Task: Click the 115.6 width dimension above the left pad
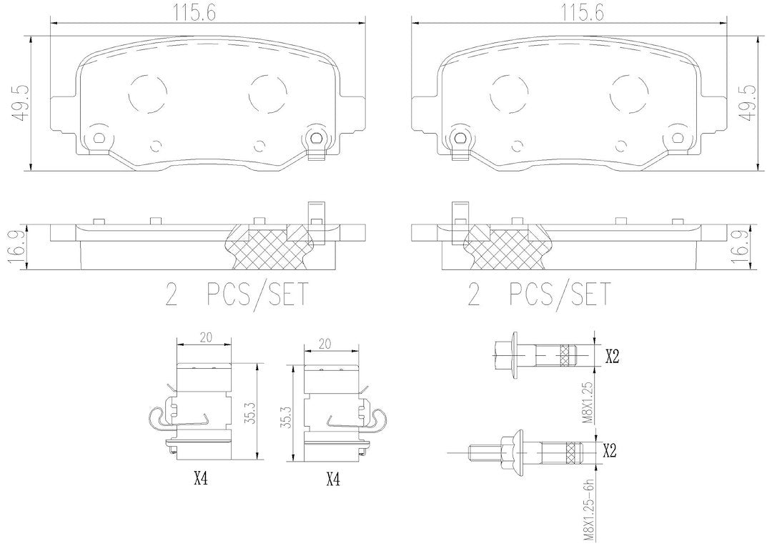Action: pyautogui.click(x=194, y=12)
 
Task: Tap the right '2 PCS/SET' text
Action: pyautogui.click(x=539, y=294)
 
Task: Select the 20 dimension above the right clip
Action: pyautogui.click(x=325, y=344)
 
